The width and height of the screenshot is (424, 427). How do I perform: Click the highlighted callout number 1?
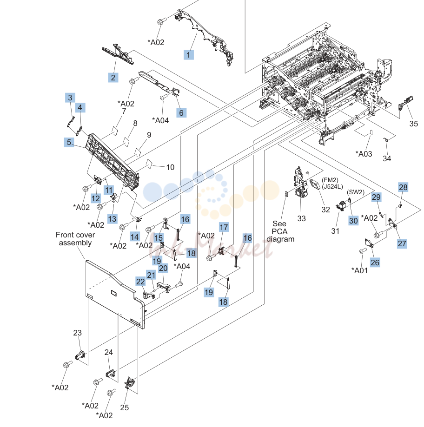point(188,55)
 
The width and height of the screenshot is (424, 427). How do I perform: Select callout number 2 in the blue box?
point(113,78)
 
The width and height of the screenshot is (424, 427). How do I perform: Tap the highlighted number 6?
point(181,113)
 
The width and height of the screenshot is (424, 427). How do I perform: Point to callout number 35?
point(413,124)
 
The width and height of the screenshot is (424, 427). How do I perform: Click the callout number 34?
point(387,158)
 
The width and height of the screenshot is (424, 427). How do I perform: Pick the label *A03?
point(364,154)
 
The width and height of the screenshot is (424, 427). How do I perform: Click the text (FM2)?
point(330,180)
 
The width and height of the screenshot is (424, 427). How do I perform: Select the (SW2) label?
point(356,192)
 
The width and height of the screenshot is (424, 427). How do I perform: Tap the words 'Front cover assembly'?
point(75,239)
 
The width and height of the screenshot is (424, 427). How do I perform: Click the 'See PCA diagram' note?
point(280,231)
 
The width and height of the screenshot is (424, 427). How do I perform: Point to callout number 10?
point(170,167)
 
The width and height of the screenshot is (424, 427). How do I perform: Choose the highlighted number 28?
point(403,187)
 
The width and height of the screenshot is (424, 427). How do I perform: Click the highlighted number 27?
point(402,243)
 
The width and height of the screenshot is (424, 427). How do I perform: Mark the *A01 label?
point(360,270)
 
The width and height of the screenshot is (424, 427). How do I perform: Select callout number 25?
point(124,407)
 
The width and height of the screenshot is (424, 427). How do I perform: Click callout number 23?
point(77,333)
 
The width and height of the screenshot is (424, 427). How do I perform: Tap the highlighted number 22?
point(140,282)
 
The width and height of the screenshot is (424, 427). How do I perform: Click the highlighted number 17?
point(224,227)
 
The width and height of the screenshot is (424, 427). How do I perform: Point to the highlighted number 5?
point(69,142)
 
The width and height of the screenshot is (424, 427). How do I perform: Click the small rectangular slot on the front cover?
point(113,293)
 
